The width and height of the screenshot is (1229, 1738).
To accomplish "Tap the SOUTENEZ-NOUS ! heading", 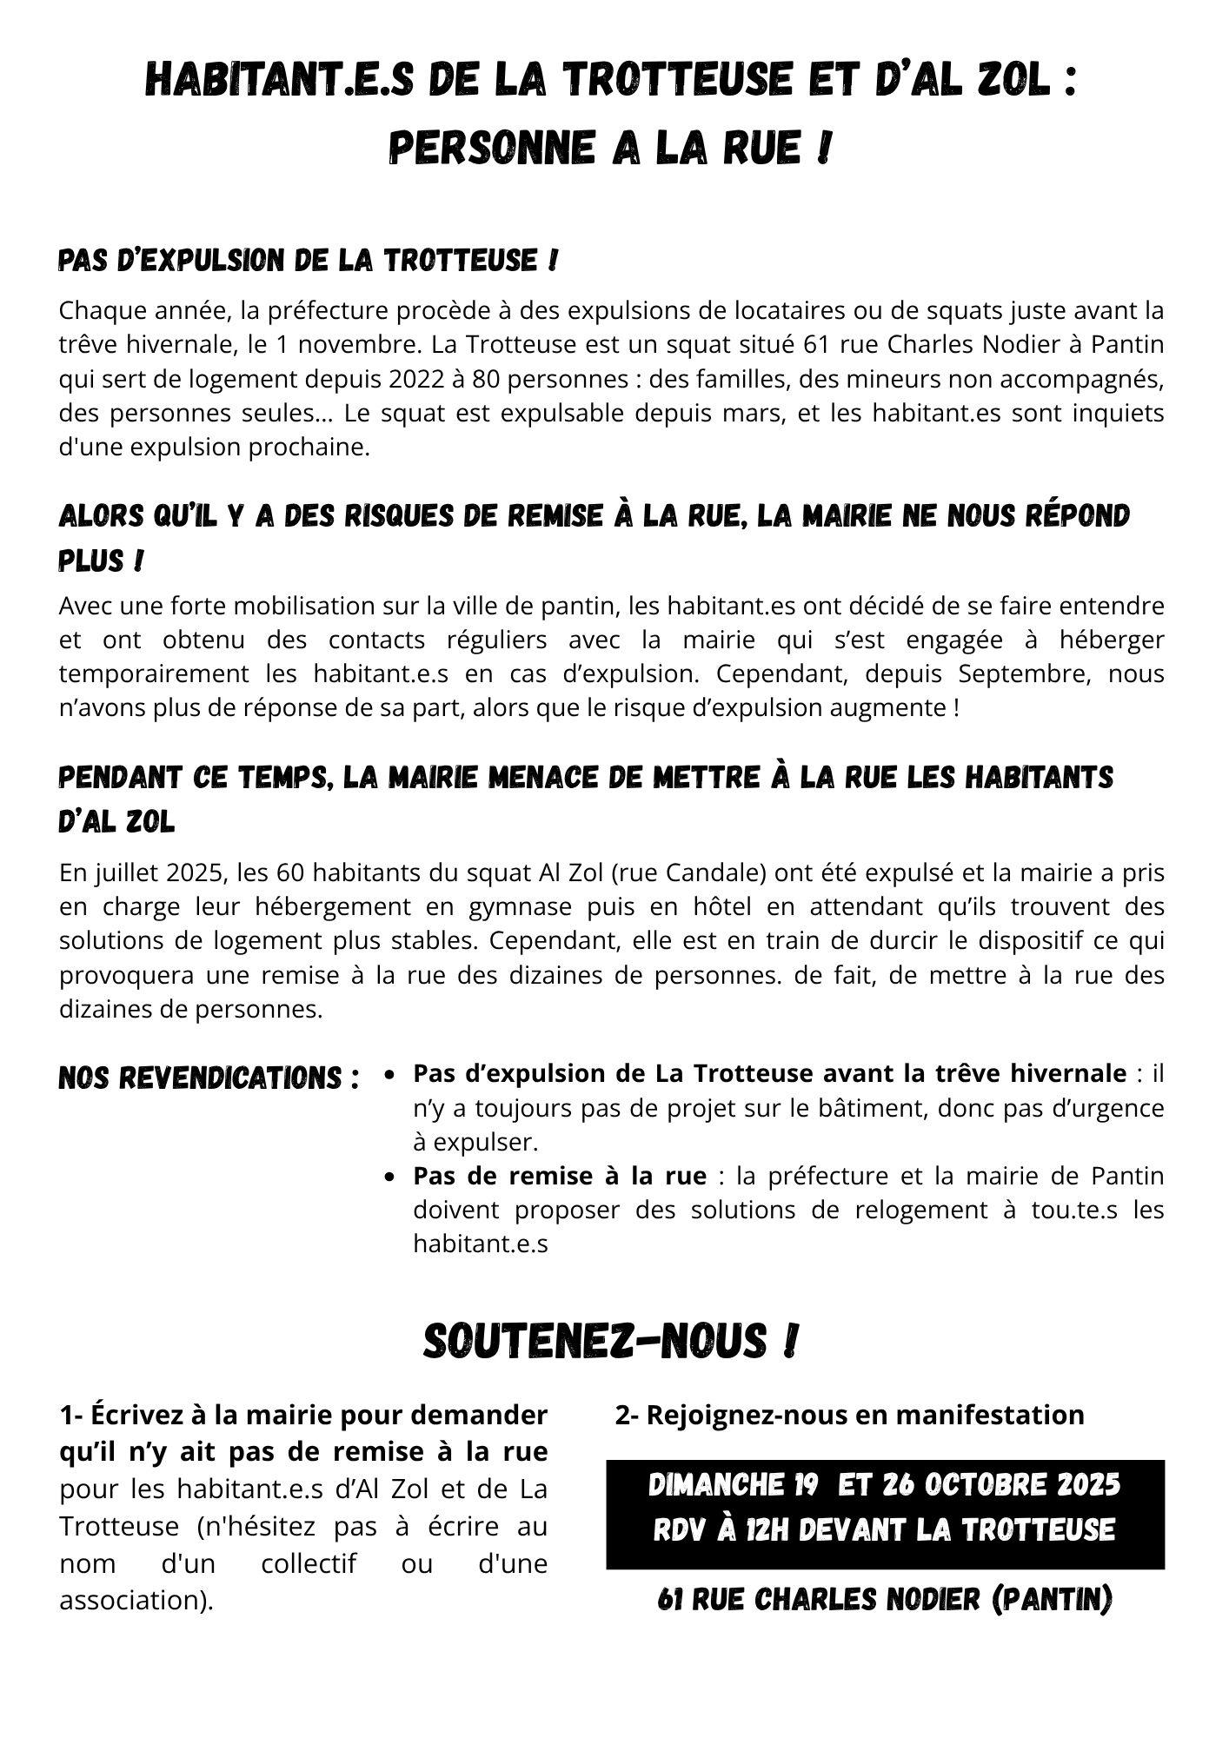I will [610, 1342].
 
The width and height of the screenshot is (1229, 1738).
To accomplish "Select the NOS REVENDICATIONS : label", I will [209, 1078].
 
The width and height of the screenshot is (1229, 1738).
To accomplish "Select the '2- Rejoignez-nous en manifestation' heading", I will [849, 1415].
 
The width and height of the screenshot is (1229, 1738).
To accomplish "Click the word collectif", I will [309, 1563].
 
